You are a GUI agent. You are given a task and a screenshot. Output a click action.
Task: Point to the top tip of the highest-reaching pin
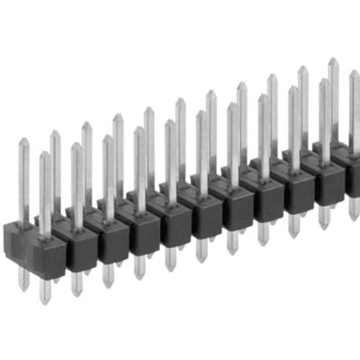tap(333, 60)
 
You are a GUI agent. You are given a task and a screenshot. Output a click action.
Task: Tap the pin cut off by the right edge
tap(355, 99)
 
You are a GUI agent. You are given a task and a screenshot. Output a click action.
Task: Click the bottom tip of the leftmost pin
tap(24, 288)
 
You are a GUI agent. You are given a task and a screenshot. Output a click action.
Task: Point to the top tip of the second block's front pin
tap(76, 145)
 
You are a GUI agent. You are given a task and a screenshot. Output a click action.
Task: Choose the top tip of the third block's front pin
tap(108, 138)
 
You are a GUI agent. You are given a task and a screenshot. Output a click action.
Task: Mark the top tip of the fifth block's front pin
tap(171, 121)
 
